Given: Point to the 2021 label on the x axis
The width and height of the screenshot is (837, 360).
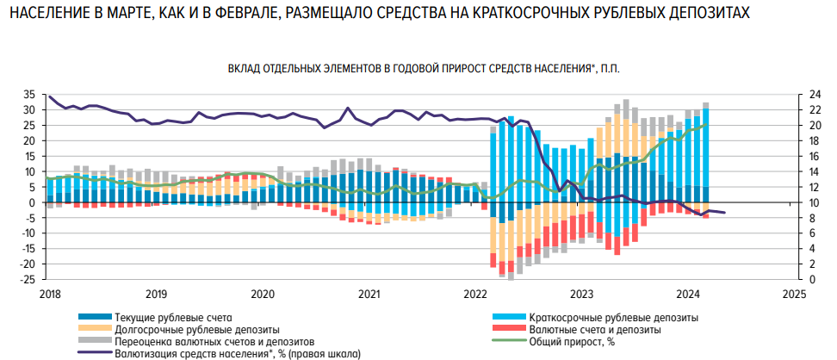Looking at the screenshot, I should [369, 294].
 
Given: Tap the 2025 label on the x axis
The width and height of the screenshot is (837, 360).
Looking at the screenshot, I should [794, 294].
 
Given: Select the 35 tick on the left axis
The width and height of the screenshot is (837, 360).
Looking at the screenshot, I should [28, 95].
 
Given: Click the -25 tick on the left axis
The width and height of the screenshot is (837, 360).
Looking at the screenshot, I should [27, 279].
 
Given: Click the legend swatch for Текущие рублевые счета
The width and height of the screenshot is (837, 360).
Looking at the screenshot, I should [95, 317].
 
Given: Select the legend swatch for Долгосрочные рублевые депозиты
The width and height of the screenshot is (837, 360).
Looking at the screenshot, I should [95, 329].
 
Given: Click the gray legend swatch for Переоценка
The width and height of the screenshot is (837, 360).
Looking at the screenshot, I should [95, 341].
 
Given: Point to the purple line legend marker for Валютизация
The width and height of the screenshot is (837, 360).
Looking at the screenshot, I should [95, 353].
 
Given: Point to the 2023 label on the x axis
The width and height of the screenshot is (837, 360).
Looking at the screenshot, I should [582, 294].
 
